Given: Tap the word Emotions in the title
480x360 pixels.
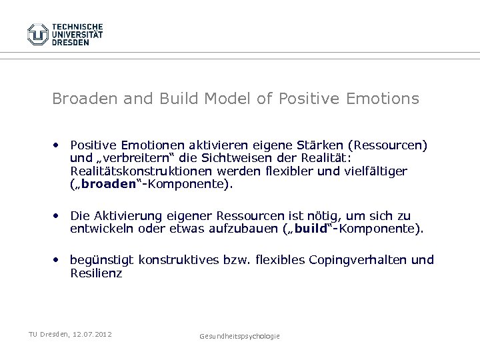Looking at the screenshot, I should click(383, 99).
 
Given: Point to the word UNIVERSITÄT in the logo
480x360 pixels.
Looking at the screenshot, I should click(78, 33).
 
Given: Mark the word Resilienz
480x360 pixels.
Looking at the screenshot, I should click(96, 273).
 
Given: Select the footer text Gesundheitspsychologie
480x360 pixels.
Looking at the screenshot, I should click(239, 337).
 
